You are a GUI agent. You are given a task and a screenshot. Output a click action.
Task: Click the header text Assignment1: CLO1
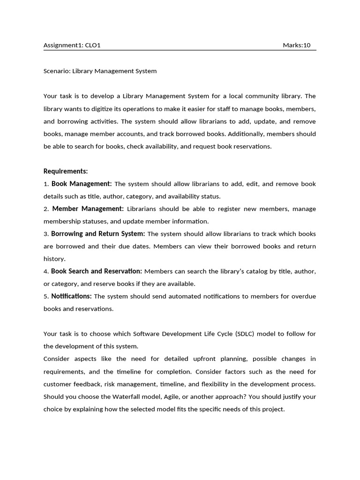[x=72, y=45]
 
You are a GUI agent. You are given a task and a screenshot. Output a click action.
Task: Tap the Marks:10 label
[x=296, y=45]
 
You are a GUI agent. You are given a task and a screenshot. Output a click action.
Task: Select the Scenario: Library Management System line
[x=100, y=71]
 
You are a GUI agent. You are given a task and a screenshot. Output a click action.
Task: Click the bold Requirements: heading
[x=66, y=171]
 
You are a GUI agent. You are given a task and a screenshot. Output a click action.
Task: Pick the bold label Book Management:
[x=82, y=184]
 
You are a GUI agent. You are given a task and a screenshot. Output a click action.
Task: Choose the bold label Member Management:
[x=88, y=209]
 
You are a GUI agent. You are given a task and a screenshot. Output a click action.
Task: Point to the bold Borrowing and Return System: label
[x=98, y=233]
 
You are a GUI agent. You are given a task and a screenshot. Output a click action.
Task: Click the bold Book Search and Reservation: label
[x=96, y=271]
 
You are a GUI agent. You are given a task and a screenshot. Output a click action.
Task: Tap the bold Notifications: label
[x=71, y=296]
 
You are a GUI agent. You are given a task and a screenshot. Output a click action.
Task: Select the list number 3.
[x=45, y=234]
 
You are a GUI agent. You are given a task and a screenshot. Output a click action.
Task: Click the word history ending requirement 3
[x=54, y=259]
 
